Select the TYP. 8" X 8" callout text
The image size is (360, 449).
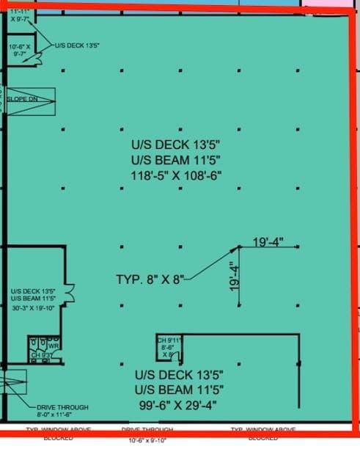pyautogui.click(x=150, y=280)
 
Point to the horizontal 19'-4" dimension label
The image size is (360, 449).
pyautogui.click(x=268, y=241)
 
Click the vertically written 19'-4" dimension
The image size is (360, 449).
pyautogui.click(x=233, y=278)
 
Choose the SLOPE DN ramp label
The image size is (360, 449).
pyautogui.click(x=23, y=98)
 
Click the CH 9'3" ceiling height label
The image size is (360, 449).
pyautogui.click(x=42, y=355)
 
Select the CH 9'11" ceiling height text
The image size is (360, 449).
pyautogui.click(x=169, y=340)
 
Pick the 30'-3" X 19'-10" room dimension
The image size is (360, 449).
pyautogui.click(x=32, y=309)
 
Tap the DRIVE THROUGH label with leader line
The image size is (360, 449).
pyautogui.click(x=62, y=407)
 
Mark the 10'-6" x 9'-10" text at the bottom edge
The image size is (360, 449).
pyautogui.click(x=148, y=442)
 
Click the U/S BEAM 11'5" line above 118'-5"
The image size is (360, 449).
pyautogui.click(x=175, y=159)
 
